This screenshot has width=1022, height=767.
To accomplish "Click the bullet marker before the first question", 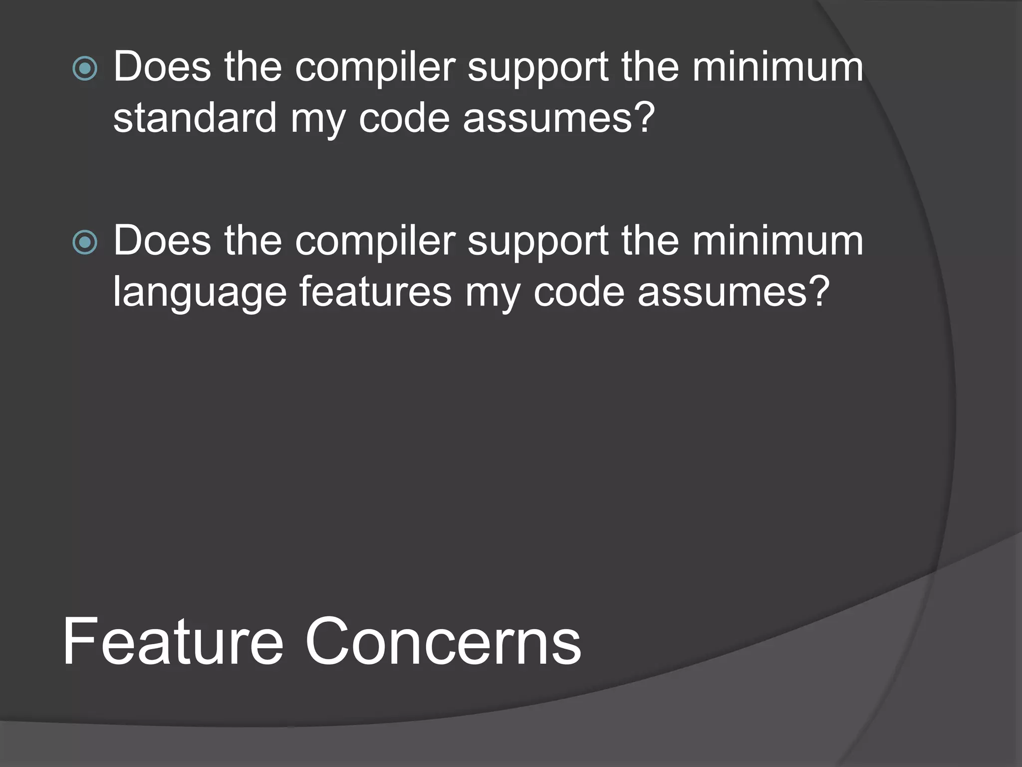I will (85, 68).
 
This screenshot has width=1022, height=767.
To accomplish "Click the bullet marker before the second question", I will (85, 243).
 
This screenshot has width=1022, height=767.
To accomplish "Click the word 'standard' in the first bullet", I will (195, 118).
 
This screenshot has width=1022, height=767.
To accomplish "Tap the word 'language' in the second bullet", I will (200, 293).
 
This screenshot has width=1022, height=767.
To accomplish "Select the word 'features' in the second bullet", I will (375, 292).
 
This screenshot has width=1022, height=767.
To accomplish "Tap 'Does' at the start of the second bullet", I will (162, 241).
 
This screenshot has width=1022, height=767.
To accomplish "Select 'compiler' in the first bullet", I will (375, 67).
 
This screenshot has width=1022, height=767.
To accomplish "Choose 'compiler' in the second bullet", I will (375, 242).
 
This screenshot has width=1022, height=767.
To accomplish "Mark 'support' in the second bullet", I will (537, 243).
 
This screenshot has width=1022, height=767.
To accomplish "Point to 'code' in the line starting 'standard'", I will (404, 118).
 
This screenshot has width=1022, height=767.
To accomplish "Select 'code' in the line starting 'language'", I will (579, 292).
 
